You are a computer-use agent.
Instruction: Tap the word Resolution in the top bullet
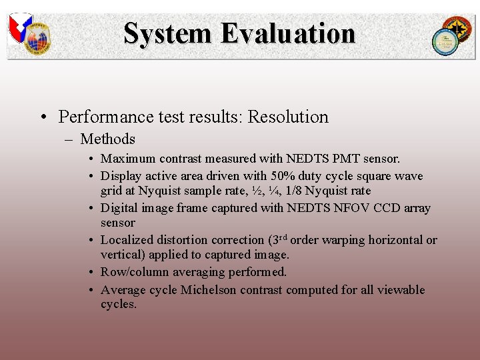coord(288,117)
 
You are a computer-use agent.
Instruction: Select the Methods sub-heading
coord(107,139)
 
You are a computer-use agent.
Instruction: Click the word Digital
coord(119,208)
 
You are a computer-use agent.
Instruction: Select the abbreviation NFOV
coord(351,208)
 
